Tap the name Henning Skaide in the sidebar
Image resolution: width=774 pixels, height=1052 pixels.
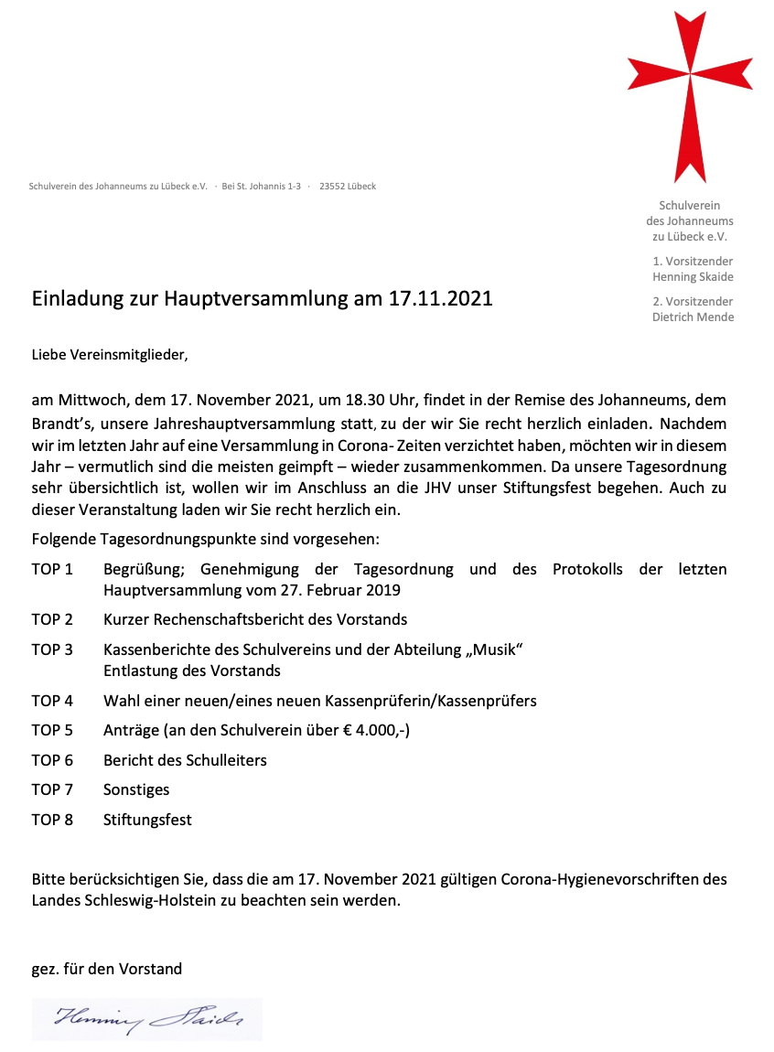(x=693, y=277)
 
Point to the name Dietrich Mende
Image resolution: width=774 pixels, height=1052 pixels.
(x=693, y=317)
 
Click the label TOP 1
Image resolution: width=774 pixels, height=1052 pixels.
(x=52, y=569)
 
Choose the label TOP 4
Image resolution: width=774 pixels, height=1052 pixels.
(x=52, y=701)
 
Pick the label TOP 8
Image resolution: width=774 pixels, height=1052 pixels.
(x=52, y=820)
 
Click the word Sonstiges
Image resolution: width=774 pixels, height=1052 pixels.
(x=136, y=789)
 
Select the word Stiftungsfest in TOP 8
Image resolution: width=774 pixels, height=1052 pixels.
(x=147, y=820)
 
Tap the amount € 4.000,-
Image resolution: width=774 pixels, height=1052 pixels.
(x=367, y=730)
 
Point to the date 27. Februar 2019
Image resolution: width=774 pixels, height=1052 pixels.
(x=335, y=590)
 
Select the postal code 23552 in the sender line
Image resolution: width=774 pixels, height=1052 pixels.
(x=330, y=187)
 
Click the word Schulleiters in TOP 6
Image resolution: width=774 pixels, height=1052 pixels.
(x=226, y=760)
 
